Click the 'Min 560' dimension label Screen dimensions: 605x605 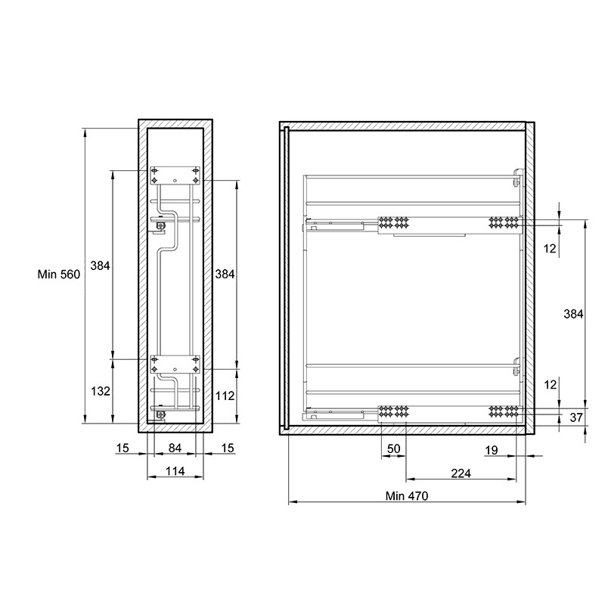click(x=59, y=275)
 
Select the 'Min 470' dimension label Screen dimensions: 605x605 click(x=407, y=496)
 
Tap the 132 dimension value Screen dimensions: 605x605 click(x=101, y=391)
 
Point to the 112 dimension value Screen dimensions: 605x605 click(x=225, y=396)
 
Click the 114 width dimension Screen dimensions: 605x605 click(x=175, y=471)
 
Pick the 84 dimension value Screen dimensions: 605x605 click(x=175, y=448)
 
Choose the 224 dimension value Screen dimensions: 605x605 click(x=461, y=473)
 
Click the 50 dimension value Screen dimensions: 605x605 click(x=393, y=448)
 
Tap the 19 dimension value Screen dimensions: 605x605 click(x=491, y=450)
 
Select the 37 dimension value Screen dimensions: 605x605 click(x=576, y=417)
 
